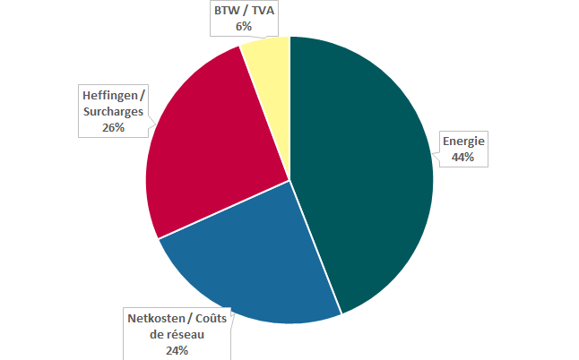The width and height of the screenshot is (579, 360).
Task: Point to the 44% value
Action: click(462, 158)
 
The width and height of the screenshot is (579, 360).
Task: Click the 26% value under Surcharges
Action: click(113, 127)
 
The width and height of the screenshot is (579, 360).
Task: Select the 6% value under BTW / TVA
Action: click(244, 27)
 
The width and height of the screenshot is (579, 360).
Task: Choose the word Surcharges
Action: click(113, 112)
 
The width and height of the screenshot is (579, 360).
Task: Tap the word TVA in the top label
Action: click(263, 12)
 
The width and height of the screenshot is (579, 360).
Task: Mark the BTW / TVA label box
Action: click(244, 19)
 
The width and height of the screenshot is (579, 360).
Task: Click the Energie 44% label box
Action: click(462, 150)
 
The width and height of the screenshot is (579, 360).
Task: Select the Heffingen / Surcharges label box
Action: click(113, 112)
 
